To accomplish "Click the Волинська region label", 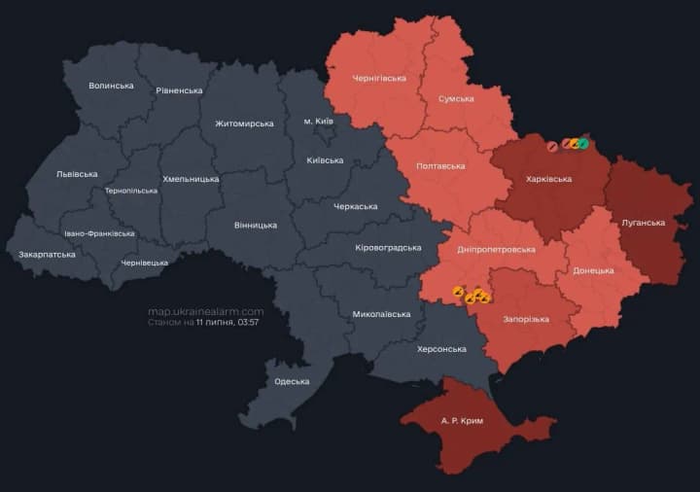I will tap(111, 86).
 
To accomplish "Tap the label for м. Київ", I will tap(318, 121).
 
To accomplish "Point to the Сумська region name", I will tap(456, 98).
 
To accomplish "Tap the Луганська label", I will tap(643, 223).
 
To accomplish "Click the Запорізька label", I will tap(526, 319).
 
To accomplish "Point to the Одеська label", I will tap(292, 381).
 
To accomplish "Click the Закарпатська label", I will tap(47, 255).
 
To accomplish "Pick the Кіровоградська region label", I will tap(388, 247).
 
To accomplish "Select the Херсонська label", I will tap(441, 349).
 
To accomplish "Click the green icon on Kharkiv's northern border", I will tap(583, 144).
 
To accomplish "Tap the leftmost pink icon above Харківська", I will tap(552, 146).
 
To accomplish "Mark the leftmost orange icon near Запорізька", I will tap(458, 290).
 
